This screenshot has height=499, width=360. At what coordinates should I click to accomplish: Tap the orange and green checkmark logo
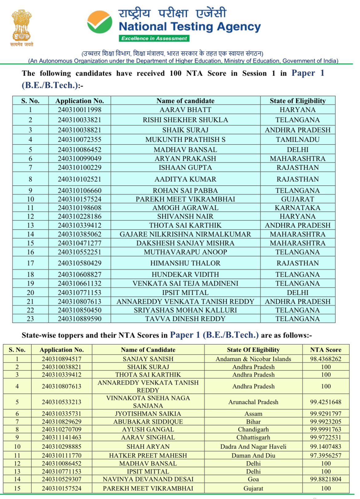99,22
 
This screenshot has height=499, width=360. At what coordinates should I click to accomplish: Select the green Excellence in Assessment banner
154,38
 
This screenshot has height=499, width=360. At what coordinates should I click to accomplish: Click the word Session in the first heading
254,73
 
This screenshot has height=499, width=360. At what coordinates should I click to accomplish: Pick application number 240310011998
79,110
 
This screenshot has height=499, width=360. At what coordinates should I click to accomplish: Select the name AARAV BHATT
185,110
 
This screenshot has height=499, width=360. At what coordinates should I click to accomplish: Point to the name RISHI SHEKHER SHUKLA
185,120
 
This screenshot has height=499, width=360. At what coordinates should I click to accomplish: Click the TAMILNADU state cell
298,140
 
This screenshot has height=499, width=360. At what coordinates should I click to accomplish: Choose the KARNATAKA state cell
298,208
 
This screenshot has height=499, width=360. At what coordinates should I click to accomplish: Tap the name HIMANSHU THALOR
185,263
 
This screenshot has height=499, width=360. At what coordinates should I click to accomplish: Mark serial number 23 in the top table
30,319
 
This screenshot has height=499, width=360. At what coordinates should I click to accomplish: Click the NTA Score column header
326,350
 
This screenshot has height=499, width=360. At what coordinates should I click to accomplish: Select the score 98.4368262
326,359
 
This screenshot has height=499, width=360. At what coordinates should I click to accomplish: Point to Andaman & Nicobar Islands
253,359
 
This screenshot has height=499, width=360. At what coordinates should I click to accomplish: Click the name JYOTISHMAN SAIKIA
148,414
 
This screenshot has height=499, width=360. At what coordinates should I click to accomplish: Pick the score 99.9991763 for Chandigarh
326,429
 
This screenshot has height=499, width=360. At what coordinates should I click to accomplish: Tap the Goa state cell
253,479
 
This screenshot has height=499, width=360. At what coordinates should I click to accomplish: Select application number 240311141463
62,437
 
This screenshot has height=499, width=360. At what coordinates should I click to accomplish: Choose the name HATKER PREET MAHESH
148,455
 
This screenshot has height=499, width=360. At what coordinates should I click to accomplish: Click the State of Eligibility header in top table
298,101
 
